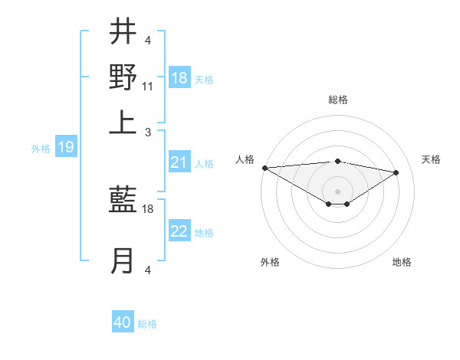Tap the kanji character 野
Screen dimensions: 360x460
point(123,77)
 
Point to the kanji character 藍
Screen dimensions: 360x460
point(123,202)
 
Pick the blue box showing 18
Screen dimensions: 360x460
point(179,78)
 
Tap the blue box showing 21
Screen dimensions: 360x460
point(179,162)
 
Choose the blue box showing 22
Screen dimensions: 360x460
point(179,232)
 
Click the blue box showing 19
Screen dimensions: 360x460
point(66,147)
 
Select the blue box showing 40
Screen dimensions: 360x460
point(123,322)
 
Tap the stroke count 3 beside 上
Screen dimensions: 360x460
point(147,133)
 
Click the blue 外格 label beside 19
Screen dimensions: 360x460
point(40,149)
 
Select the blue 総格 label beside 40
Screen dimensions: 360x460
point(147,324)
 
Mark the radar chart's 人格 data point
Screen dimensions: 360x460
point(264,168)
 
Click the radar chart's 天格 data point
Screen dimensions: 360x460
point(396,172)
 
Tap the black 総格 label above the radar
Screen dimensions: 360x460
point(337,100)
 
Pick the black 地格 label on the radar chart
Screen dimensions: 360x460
point(402,263)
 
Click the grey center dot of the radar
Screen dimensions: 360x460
point(337,190)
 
